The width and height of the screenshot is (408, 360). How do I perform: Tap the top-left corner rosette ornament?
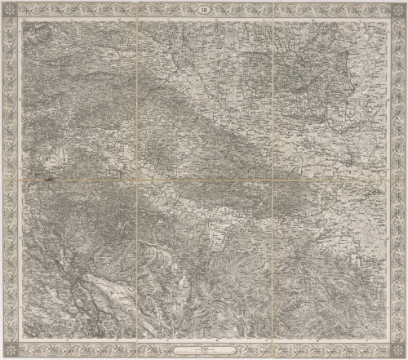point(11,11)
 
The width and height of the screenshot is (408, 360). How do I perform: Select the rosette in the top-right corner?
point(396,11)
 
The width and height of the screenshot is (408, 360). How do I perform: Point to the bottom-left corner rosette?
point(11,349)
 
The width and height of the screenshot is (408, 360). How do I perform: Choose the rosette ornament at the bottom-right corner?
point(396,349)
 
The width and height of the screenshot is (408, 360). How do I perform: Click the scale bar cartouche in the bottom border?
point(203,349)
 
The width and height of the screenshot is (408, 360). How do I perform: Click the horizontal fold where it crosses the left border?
point(11,181)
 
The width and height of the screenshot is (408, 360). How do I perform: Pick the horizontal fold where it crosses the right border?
point(396,181)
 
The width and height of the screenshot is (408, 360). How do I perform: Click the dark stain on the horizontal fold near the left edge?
point(49,181)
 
